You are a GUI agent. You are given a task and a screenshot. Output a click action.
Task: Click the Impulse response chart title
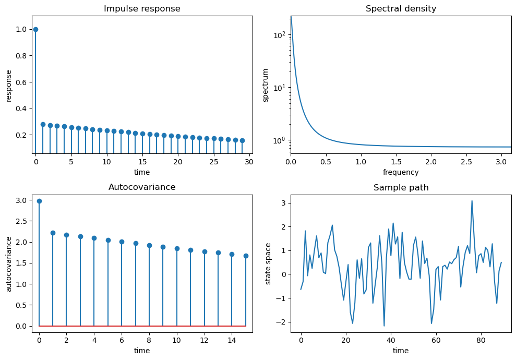coord(142,9)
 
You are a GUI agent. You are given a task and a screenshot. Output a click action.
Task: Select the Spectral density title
coord(401,9)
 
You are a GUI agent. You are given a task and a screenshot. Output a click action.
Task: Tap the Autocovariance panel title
coord(142,187)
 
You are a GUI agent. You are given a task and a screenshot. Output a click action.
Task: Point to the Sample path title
coord(401,188)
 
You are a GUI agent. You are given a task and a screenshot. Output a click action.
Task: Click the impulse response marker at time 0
coord(35,29)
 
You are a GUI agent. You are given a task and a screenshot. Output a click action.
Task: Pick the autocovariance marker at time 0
coord(39,201)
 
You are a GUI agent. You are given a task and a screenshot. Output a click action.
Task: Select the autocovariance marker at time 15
coord(246,256)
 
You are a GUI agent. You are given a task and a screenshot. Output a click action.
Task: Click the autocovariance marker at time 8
coord(149,245)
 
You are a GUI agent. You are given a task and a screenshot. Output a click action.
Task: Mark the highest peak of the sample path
coord(472,201)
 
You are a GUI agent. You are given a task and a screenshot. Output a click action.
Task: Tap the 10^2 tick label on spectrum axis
coord(280,35)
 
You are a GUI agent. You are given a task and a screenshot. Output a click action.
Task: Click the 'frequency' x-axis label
coord(401,172)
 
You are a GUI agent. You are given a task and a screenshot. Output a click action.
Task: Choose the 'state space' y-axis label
coord(269,263)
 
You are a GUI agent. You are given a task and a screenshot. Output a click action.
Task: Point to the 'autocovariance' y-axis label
coord(9,263)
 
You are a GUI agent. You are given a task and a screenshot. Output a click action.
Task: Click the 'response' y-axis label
coord(9,85)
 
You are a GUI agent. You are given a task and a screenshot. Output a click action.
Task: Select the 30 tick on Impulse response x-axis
coord(249,162)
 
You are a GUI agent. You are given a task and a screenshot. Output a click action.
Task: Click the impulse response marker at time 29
coord(242,140)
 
